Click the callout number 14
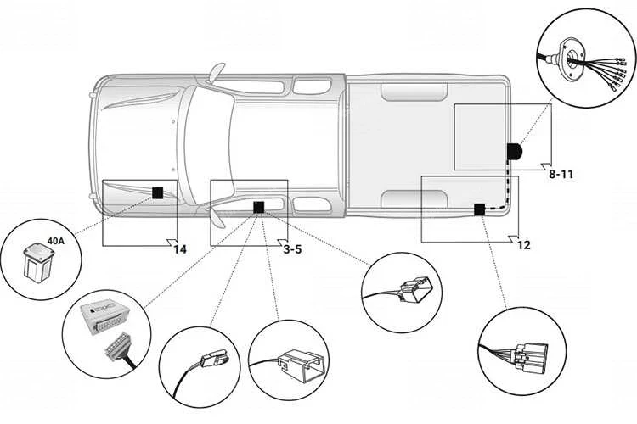point(179,248)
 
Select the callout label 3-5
point(291,249)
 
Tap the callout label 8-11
point(561,174)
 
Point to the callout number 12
point(523,245)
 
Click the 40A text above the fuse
point(55,242)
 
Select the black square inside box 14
point(157,192)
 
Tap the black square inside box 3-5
point(258,205)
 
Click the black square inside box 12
point(479,209)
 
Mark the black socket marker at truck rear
point(515,152)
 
